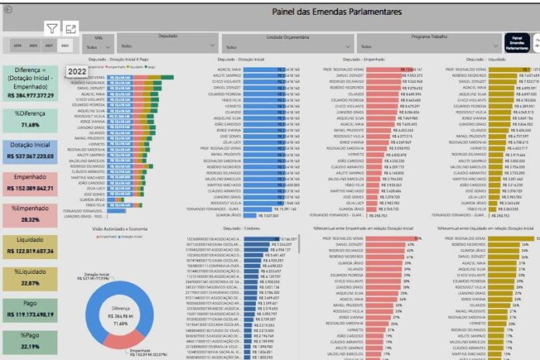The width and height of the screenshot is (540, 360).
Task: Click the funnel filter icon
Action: pyautogui.click(x=51, y=29)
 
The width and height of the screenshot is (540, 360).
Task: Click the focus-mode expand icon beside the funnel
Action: pyautogui.click(x=71, y=29)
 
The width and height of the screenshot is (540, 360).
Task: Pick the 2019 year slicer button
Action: pyautogui.click(x=17, y=47)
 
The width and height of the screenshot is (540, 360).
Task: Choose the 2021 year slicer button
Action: pyautogui.click(x=50, y=47)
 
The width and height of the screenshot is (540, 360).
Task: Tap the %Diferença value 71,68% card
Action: pyautogui.click(x=31, y=125)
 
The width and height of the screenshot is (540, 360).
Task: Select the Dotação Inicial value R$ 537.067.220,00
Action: pyautogui.click(x=31, y=155)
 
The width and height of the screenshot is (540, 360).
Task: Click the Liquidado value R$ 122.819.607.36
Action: pyautogui.click(x=31, y=251)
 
